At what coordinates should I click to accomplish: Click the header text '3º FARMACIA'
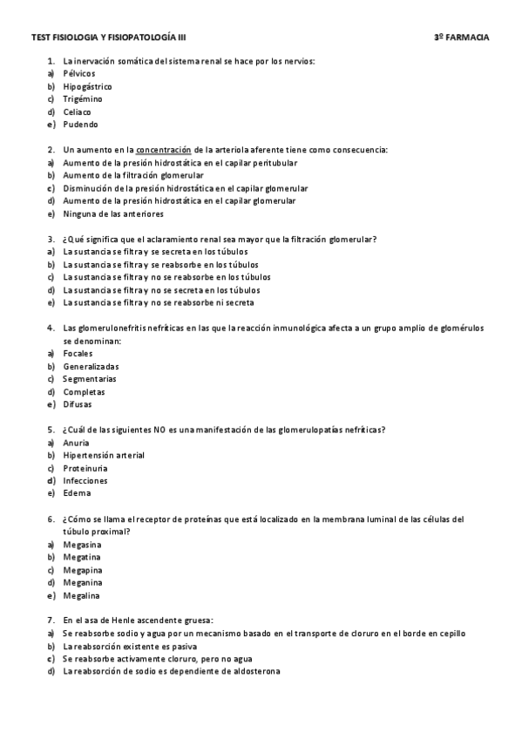[x=461, y=38]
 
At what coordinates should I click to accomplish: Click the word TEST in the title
[x=40, y=38]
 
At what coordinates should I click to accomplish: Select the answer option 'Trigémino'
[x=83, y=99]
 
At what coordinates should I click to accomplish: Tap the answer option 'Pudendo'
[x=80, y=125]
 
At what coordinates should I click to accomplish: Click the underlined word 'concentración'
[x=164, y=150]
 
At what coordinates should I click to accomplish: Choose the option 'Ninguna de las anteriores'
[x=112, y=214]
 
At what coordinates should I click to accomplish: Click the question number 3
[x=51, y=239]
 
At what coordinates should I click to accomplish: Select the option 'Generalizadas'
[x=91, y=366]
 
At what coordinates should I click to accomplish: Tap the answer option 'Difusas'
[x=78, y=404]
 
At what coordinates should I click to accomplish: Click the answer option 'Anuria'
[x=76, y=443]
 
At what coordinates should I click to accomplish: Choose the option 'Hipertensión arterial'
[x=104, y=455]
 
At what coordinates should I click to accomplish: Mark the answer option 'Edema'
[x=77, y=493]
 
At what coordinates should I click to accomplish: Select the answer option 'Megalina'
[x=82, y=596]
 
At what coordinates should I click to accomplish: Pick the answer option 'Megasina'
[x=82, y=545]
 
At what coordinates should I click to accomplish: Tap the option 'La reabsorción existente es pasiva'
[x=130, y=647]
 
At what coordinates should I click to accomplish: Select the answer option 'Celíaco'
[x=78, y=112]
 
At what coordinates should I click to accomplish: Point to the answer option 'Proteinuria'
[x=84, y=468]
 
